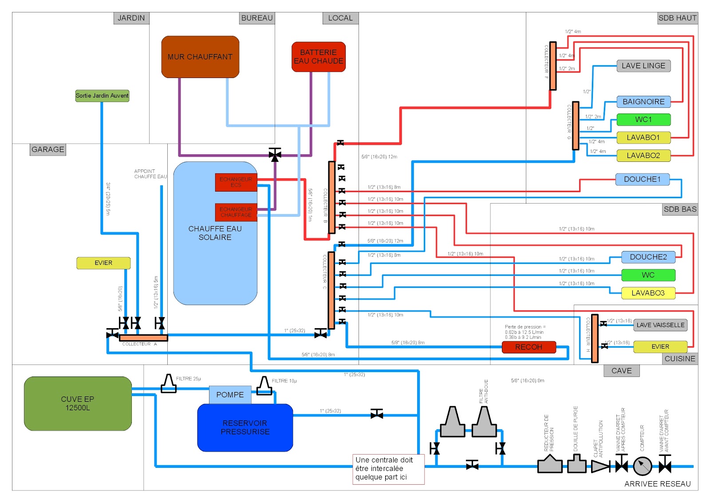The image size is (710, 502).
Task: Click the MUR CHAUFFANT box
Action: tap(200, 57)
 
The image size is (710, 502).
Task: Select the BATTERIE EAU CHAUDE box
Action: tap(318, 57)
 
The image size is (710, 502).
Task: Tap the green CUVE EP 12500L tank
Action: tap(78, 404)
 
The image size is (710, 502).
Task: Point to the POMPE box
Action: tap(230, 395)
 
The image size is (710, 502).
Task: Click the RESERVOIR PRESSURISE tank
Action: tap(245, 427)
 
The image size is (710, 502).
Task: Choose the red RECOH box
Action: tap(529, 347)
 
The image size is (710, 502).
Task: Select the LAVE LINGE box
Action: tap(643, 66)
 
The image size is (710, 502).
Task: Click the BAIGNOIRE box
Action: tap(643, 102)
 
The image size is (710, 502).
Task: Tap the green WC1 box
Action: tap(643, 120)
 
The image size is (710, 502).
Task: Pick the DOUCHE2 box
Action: tap(648, 257)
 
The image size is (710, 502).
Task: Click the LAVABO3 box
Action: tap(648, 293)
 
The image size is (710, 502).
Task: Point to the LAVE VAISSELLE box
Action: tap(660, 325)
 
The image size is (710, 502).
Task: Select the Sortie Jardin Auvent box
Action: tap(102, 95)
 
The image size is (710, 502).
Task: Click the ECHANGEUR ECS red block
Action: tap(236, 182)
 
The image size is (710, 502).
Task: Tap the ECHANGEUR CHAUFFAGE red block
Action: tap(236, 212)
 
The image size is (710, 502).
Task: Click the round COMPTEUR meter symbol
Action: tap(642, 466)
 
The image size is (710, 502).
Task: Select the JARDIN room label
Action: tap(131, 18)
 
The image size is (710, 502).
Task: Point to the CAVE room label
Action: tap(621, 371)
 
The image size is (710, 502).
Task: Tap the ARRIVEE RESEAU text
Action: tap(657, 484)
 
